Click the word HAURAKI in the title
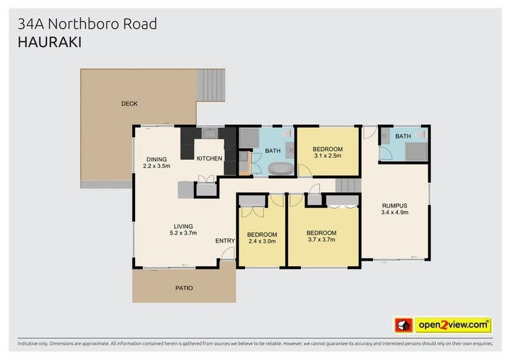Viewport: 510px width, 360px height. coord(50,42)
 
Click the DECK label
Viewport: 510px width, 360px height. coord(129,103)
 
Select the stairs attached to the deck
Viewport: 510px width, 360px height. coord(211,87)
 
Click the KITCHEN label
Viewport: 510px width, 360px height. coord(208,158)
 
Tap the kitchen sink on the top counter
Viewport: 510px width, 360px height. coord(209,133)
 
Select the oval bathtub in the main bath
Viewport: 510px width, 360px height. coord(280,169)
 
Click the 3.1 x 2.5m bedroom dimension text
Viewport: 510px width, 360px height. coord(328,155)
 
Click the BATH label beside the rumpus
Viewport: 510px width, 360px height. coord(403,136)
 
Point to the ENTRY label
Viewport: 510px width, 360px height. coord(224,240)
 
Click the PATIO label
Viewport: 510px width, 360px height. coord(184,288)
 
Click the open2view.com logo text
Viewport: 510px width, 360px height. coord(453,324)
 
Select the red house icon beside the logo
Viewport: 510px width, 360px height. coord(403,324)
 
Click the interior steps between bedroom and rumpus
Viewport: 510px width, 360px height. coord(348,185)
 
